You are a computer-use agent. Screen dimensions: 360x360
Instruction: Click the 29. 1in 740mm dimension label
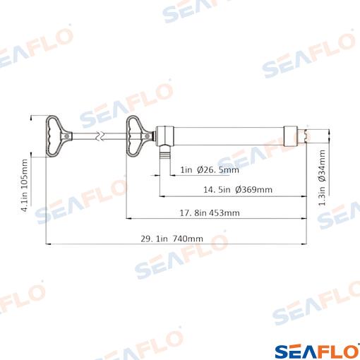point(172,239)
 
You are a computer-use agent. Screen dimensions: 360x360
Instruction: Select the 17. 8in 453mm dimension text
point(210,213)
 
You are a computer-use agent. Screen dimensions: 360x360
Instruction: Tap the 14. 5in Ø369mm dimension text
point(238,189)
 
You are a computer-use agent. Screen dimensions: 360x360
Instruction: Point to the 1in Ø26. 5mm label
point(210,169)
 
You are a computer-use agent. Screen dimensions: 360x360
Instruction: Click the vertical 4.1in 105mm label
point(25,186)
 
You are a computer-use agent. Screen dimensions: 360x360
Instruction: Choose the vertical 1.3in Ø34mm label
point(322,178)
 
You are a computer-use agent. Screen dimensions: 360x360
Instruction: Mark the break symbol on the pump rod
point(100,136)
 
